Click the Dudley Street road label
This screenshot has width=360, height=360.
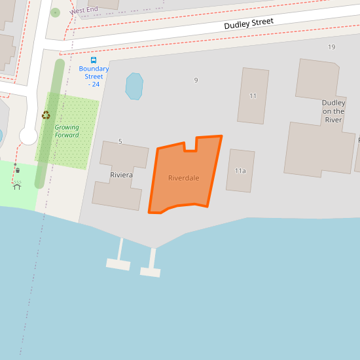248,24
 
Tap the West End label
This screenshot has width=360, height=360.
84,10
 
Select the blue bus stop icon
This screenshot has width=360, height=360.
94,60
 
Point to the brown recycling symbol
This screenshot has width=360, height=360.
46,115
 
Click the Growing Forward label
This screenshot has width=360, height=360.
67,132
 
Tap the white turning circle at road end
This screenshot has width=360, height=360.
28,135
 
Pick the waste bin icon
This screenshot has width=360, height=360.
17,170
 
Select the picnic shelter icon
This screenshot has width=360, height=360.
17,186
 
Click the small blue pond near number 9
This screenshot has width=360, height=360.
134,86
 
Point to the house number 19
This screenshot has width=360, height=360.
331,47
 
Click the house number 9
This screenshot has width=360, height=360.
196,81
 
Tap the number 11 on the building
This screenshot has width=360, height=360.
253,96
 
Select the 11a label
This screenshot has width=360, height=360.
240,171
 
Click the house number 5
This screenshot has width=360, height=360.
120,141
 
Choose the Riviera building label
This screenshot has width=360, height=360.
121,175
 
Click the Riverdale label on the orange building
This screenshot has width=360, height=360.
183,178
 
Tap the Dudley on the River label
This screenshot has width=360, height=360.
333,111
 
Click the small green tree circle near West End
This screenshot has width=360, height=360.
55,12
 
